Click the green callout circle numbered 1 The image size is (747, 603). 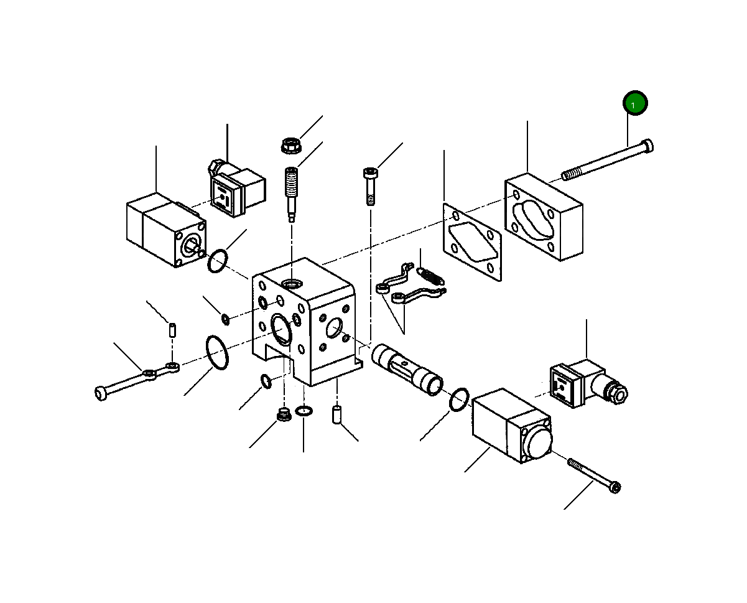[x=635, y=103]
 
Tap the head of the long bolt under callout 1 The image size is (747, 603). [x=647, y=146]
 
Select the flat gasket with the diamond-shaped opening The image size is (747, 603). [x=473, y=242]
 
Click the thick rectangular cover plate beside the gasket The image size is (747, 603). [x=544, y=217]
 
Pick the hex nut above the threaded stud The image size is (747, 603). [x=291, y=146]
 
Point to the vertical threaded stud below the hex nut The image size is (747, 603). [x=291, y=194]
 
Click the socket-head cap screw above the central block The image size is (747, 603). [x=370, y=187]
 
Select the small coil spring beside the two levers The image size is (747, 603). [x=430, y=276]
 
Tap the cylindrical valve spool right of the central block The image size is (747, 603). [x=407, y=370]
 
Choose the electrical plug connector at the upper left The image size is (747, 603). [x=237, y=188]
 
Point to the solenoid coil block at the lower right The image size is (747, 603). [x=513, y=426]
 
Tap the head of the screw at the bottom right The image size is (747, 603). [x=615, y=487]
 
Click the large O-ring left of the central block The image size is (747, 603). [x=217, y=353]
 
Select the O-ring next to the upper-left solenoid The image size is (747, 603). [x=218, y=261]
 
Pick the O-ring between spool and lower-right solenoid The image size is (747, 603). [x=459, y=400]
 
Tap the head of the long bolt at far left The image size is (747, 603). [x=101, y=393]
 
